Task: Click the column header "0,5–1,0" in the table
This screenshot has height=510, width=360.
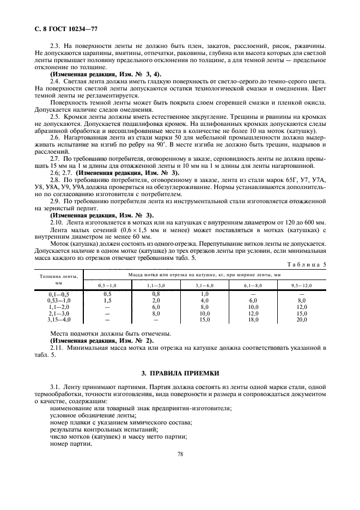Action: coord(107,285)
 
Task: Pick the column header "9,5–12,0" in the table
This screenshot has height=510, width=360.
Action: coord(302,285)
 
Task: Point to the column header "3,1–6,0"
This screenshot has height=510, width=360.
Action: coord(205,285)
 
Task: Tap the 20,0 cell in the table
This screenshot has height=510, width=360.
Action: coord(302,320)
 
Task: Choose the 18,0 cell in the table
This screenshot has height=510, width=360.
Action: coord(253,320)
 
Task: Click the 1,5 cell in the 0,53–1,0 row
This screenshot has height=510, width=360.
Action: coord(107,300)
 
